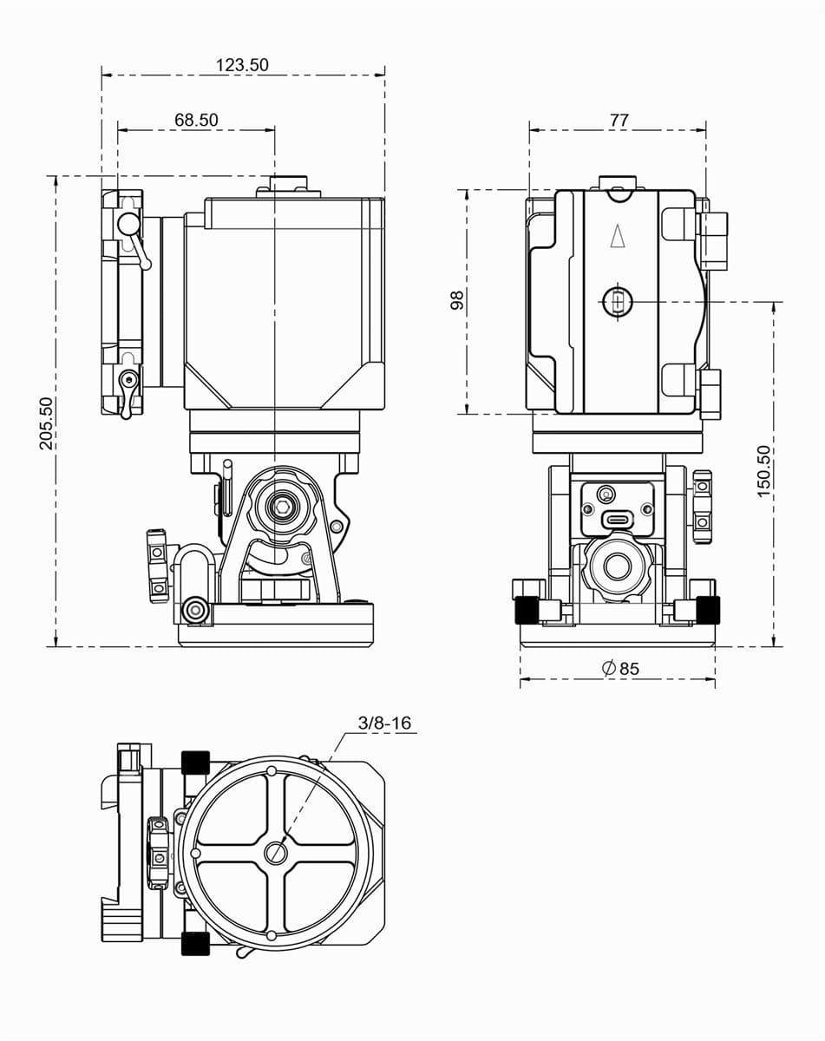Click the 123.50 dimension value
(242, 65)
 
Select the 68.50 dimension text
(196, 120)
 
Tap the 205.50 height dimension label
(46, 423)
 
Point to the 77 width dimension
(619, 120)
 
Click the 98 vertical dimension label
(457, 300)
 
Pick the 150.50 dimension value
(763, 471)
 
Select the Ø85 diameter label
(620, 668)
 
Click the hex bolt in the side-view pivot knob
(281, 507)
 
